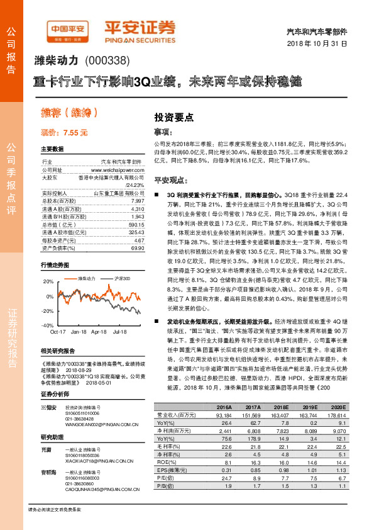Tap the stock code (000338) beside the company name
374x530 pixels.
[106, 61]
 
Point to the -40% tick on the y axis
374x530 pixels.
[47, 326]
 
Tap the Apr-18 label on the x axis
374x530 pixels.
[99, 331]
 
